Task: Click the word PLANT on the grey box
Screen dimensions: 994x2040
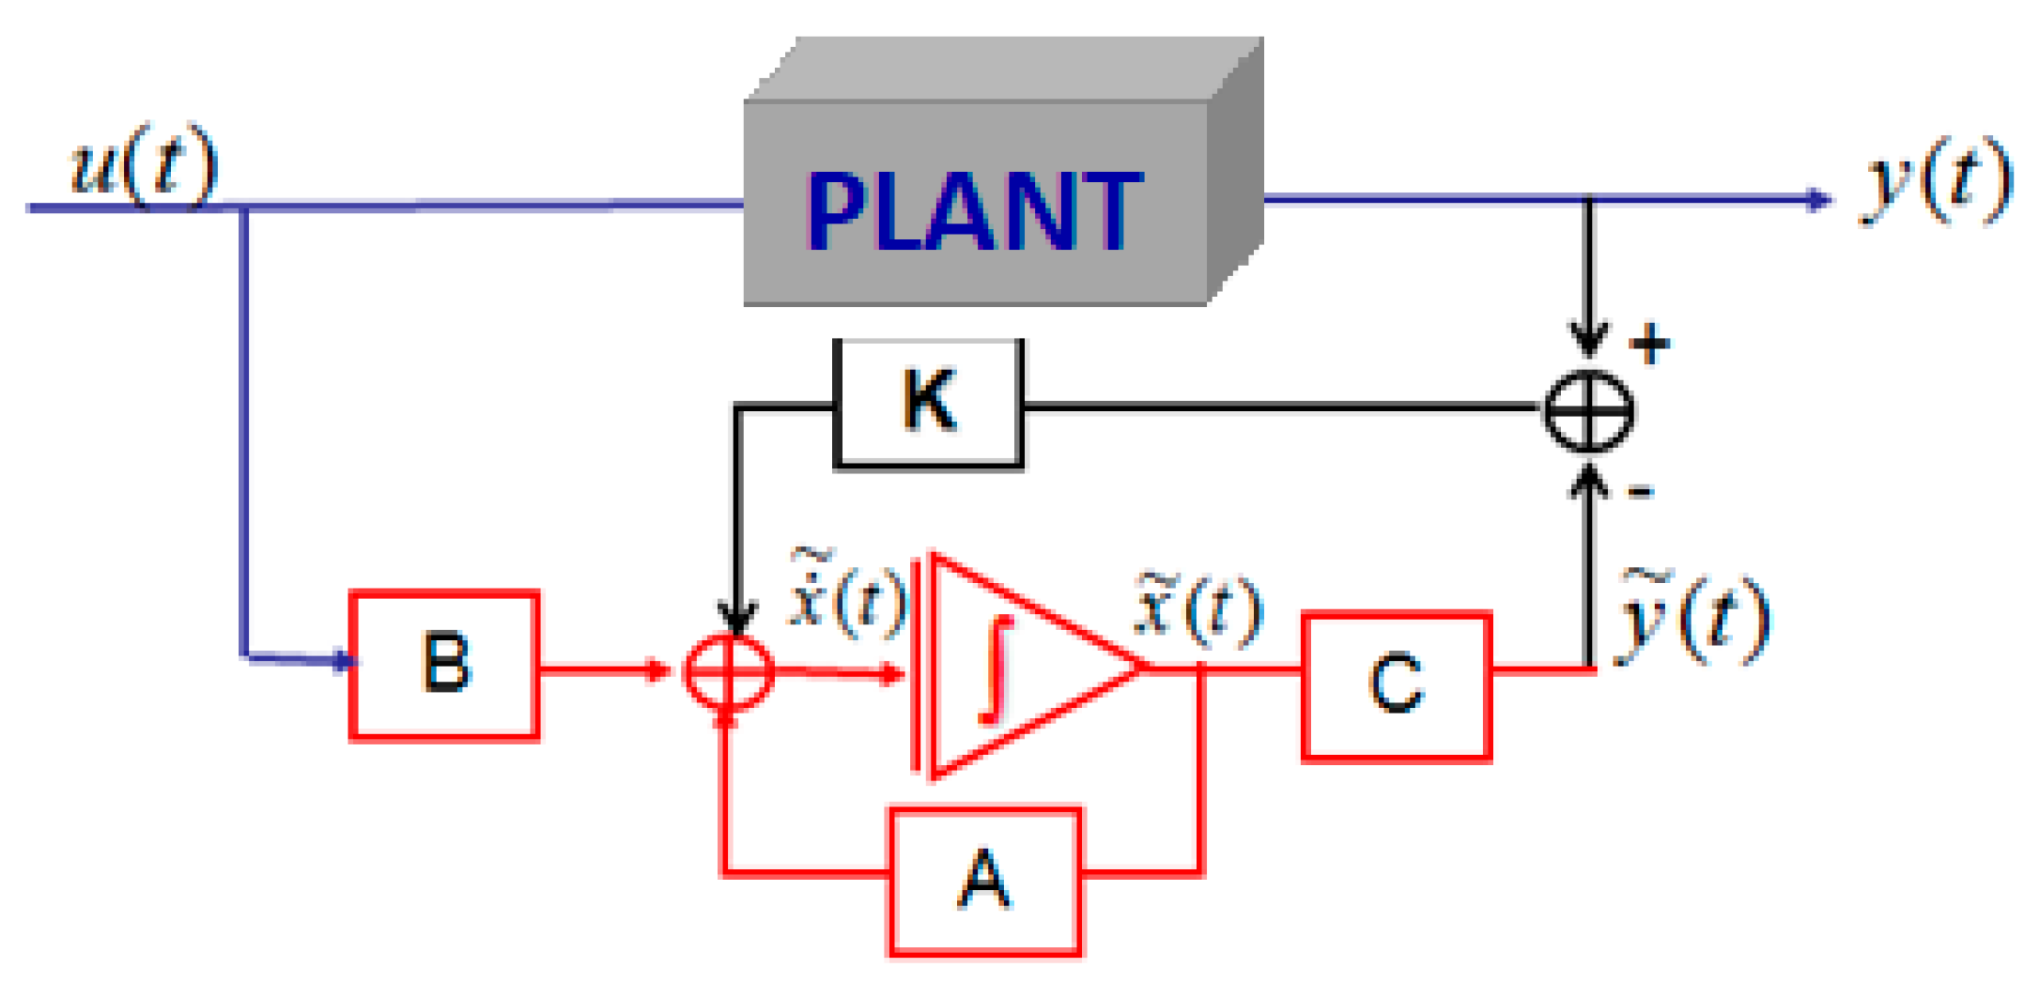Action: coord(974,212)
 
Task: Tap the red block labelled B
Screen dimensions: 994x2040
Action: coord(445,664)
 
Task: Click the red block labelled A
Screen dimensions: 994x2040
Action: coord(985,881)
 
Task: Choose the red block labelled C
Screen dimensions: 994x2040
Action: coord(1396,685)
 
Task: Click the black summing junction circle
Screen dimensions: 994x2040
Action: coord(1589,411)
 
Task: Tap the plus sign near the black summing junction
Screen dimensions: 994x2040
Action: coord(1649,345)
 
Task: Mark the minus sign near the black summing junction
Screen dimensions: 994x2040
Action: coord(1641,493)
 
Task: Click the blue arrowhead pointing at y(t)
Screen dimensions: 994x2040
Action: coord(1818,199)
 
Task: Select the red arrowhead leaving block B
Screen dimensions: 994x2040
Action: coord(657,669)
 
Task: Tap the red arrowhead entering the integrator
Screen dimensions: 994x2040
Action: coord(890,674)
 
